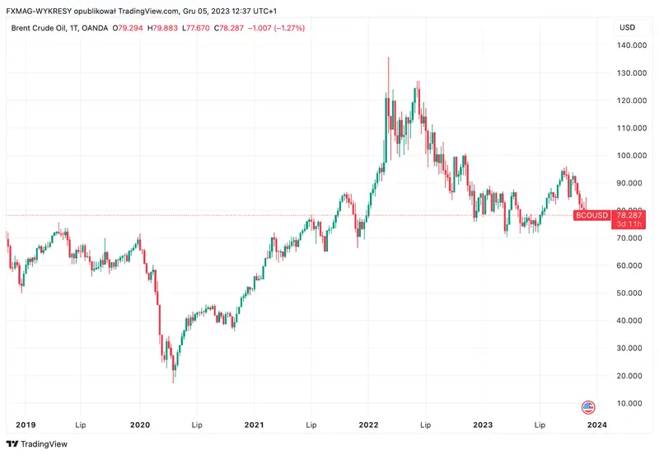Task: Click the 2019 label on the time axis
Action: click(26, 425)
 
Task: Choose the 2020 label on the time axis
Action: click(140, 425)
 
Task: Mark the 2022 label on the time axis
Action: click(368, 425)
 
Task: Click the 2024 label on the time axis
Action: click(596, 425)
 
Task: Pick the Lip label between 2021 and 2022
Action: click(311, 425)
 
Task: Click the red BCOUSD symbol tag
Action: click(591, 215)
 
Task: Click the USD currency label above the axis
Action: click(627, 27)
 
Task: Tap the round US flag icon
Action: click(588, 407)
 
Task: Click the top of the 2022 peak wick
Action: click(388, 59)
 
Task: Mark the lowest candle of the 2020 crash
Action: click(173, 381)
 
